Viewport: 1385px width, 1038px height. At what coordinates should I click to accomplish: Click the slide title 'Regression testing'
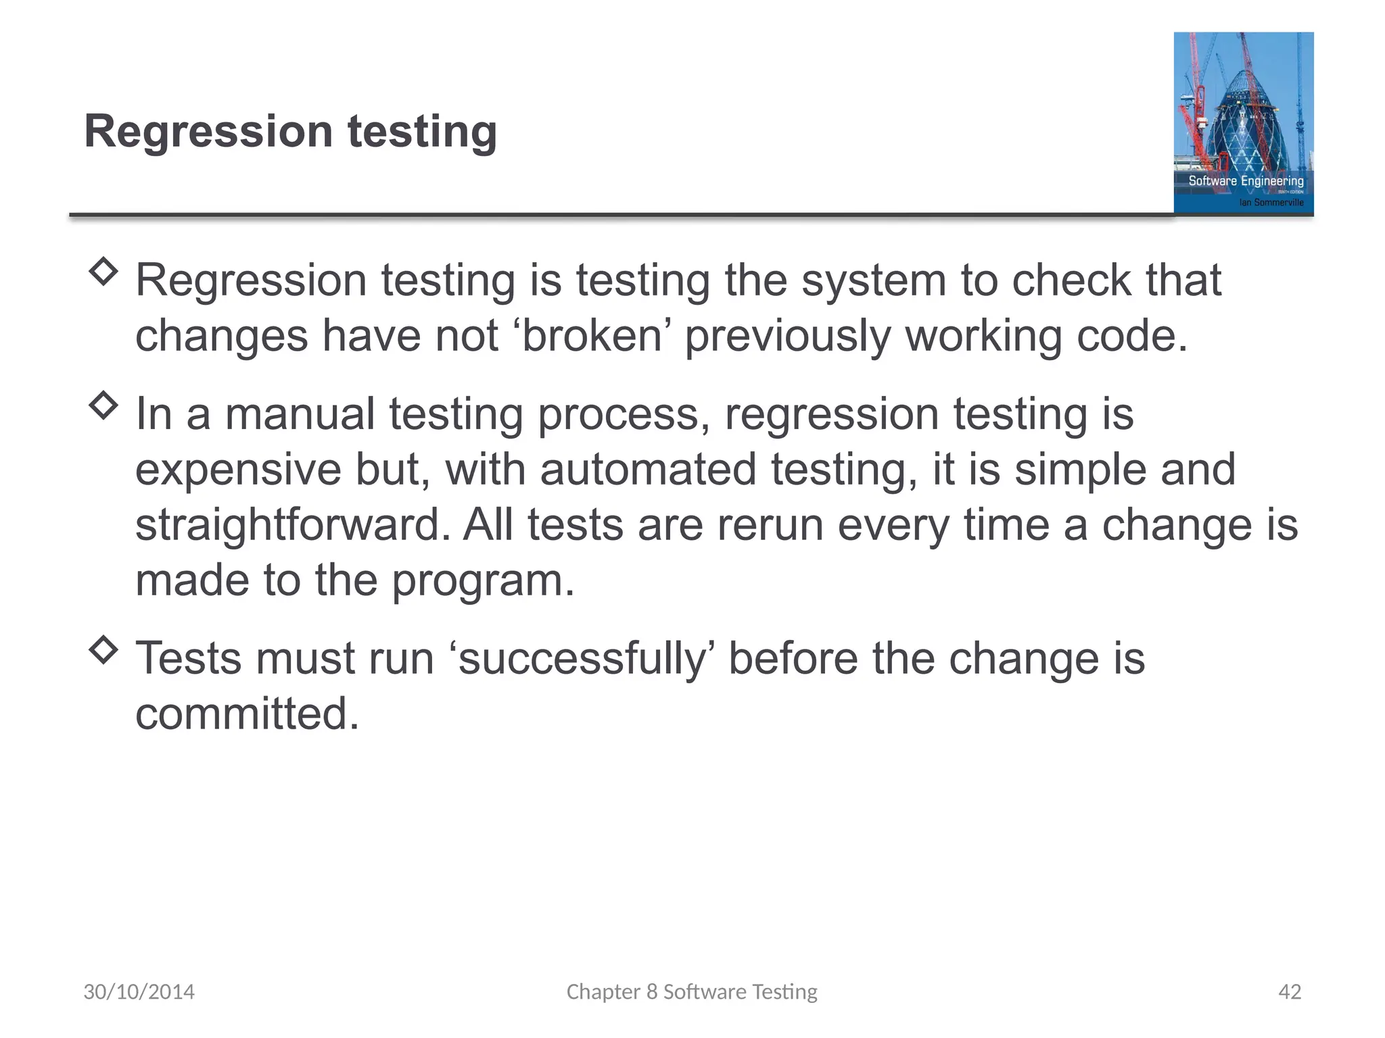pos(290,131)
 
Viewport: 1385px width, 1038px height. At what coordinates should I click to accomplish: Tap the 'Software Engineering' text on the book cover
pos(1246,181)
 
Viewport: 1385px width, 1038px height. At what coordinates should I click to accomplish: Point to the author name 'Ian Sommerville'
pos(1271,202)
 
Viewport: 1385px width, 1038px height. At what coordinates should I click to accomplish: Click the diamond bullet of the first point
pos(103,272)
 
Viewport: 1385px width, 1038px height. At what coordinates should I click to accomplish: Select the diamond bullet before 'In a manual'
pos(103,405)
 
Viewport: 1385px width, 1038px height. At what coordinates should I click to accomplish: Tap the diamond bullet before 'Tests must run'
pos(103,650)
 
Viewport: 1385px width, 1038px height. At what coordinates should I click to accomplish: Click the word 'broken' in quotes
pos(592,336)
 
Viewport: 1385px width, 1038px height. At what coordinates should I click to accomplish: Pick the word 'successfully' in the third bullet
pos(582,658)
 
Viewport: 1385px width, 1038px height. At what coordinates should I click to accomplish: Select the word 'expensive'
pos(238,470)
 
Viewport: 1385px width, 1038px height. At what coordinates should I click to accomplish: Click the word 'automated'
pos(647,470)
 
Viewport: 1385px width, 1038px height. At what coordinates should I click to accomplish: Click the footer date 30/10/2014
pos(139,991)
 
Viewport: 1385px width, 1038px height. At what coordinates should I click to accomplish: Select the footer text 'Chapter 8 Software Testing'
pos(692,991)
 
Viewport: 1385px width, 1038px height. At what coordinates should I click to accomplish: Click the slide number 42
pos(1290,991)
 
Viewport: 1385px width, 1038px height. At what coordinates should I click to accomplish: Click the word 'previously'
pos(788,336)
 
